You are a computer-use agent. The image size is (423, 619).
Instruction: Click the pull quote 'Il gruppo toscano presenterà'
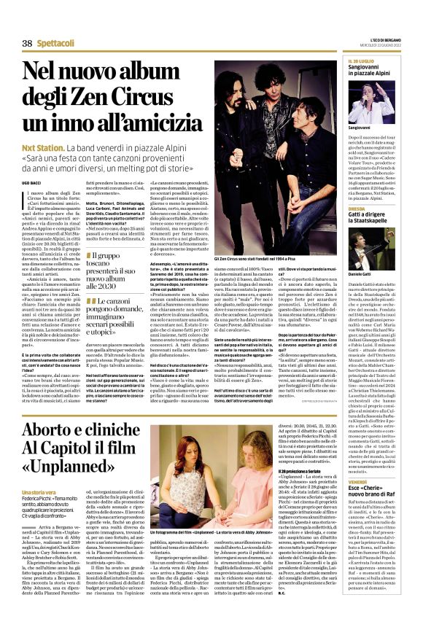click(112, 270)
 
